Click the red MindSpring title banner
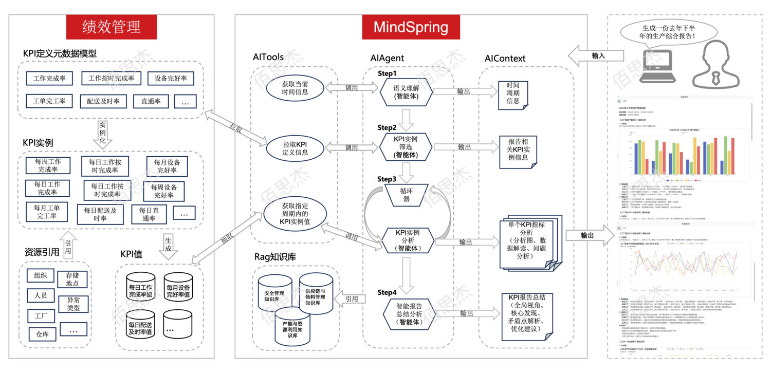[411, 27]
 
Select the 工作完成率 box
[49, 79]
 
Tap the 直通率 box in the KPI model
[151, 101]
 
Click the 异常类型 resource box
[74, 304]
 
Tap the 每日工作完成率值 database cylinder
[140, 291]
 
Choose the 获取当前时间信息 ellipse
[295, 88]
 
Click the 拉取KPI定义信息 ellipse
[295, 147]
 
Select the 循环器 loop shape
[406, 195]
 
